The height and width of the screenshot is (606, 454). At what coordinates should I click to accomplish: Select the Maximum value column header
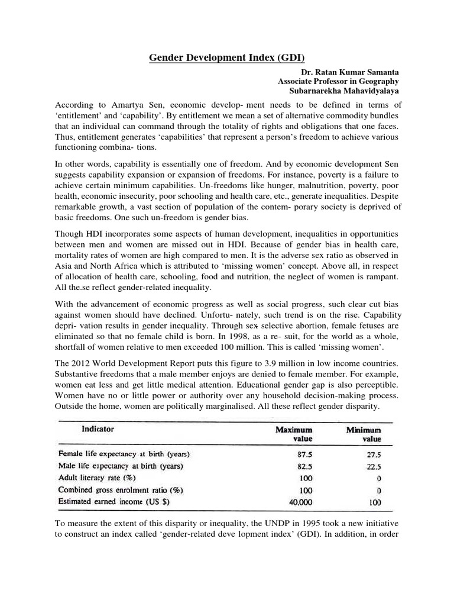coord(294,434)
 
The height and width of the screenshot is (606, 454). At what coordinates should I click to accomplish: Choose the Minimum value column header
coord(364,434)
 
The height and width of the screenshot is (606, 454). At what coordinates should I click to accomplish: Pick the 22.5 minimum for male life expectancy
coord(372,467)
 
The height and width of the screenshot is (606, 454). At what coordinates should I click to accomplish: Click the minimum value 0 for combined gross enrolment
coord(378,490)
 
